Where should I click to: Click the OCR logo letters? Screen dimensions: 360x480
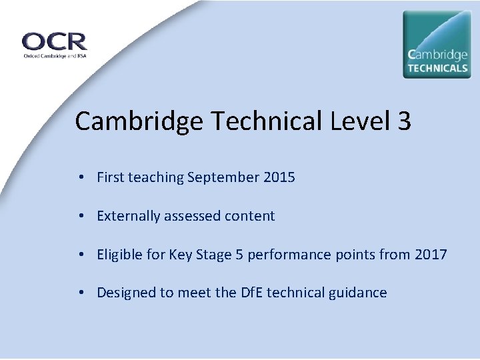[55, 41]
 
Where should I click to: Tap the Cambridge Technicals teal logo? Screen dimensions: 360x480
[437, 44]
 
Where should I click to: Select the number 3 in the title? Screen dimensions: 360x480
[404, 121]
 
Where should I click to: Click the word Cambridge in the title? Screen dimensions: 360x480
[139, 122]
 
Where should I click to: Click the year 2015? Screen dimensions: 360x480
[279, 177]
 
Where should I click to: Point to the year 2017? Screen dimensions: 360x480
[431, 254]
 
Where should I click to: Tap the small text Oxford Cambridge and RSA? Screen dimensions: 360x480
[54, 56]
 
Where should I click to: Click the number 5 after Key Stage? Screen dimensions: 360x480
[237, 254]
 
